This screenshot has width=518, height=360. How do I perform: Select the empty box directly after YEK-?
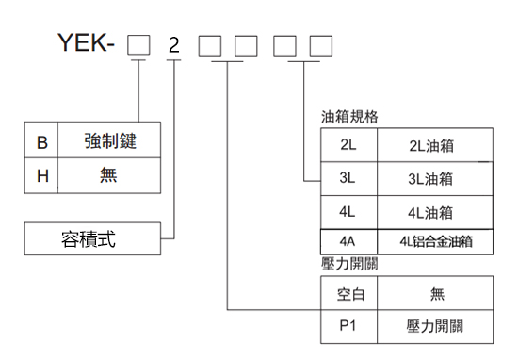pos(138,44)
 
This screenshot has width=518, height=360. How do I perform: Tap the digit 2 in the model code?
pos(172,44)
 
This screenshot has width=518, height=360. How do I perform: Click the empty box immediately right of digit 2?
pos(210,44)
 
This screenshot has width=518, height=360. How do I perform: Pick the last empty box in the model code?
pos(320,44)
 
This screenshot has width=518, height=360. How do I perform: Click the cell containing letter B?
pos(41,142)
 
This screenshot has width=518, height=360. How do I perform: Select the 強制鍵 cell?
pos(108,142)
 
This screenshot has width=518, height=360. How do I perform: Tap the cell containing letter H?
pos(41,174)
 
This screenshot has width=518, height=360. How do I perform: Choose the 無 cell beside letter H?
pos(108,174)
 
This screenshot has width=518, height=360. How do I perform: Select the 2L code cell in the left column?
pos(348,145)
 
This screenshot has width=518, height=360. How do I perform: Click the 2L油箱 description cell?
pos(432,145)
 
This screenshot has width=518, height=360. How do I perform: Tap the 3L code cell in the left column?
pos(348,178)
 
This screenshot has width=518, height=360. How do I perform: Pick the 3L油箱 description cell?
pos(432,178)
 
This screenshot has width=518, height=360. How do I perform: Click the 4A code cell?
pos(348,241)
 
